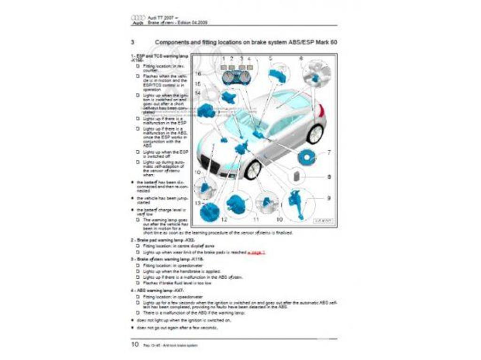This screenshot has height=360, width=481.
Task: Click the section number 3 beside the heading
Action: [133, 42]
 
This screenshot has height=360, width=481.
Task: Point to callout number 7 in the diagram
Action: [329, 153]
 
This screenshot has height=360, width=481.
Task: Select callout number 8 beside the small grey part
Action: [329, 177]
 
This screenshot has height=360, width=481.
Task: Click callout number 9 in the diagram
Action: [329, 198]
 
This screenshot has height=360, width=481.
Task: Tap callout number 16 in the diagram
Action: [199, 74]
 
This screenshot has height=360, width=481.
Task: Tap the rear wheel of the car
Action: [315, 133]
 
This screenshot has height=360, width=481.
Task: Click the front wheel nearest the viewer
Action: [253, 169]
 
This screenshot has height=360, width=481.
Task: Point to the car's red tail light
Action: [321, 111]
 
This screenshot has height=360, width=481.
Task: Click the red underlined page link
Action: [256, 252]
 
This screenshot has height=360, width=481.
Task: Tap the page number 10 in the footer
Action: [134, 344]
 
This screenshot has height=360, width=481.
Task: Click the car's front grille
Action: [213, 165]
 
